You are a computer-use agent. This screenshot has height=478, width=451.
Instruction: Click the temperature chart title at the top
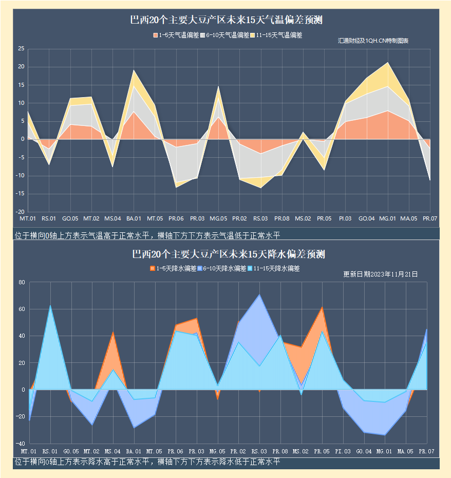click(x=226, y=21)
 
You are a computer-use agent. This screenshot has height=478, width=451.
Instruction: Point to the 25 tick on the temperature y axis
click(x=21, y=49)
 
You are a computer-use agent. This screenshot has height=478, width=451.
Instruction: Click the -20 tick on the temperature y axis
click(x=21, y=212)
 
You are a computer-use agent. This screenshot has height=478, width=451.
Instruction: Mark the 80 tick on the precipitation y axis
click(x=22, y=282)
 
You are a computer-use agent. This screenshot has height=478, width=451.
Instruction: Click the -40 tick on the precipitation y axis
click(x=21, y=443)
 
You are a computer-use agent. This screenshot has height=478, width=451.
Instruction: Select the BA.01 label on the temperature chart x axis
click(x=134, y=219)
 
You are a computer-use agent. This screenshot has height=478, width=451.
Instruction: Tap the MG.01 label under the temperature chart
click(x=387, y=219)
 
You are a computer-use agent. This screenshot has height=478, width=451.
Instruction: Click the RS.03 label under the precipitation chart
click(x=259, y=451)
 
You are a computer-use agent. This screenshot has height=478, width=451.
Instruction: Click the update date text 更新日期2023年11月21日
click(x=380, y=274)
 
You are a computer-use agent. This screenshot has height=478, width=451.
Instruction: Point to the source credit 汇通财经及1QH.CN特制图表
click(x=373, y=41)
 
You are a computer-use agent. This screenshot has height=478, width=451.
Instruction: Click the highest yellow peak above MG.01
click(x=388, y=63)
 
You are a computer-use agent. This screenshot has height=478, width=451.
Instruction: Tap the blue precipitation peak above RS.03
click(x=259, y=295)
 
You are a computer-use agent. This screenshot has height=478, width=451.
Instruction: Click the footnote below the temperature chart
click(x=148, y=236)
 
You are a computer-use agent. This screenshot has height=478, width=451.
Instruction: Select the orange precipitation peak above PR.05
click(x=322, y=307)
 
